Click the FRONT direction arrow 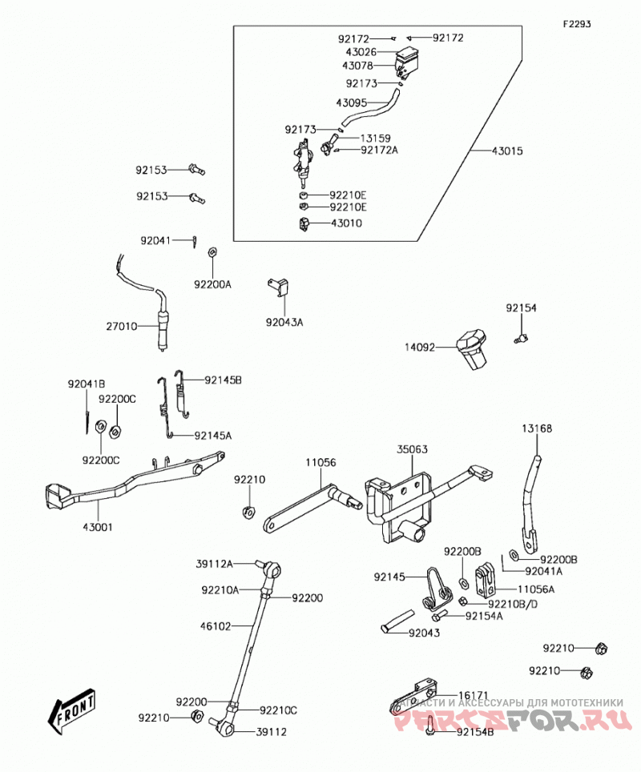tap(71, 711)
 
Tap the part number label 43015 tap(507, 151)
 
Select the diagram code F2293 tap(577, 24)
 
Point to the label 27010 tap(122, 326)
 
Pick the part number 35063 tap(413, 449)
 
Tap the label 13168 tap(537, 428)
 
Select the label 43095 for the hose tap(351, 103)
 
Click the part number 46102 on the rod tap(216, 626)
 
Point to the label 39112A tap(214, 564)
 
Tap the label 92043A tap(284, 322)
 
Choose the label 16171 tap(474, 695)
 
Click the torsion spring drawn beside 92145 tap(437, 589)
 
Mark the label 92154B tap(475, 732)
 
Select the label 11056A tap(536, 589)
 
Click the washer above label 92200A tap(212, 252)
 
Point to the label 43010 tap(346, 223)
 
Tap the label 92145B tap(224, 380)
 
